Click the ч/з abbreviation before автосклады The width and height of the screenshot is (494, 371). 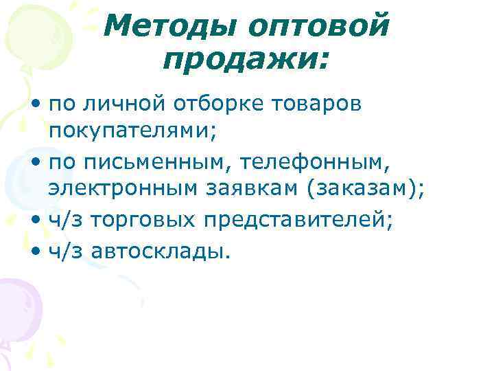coord(64,252)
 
